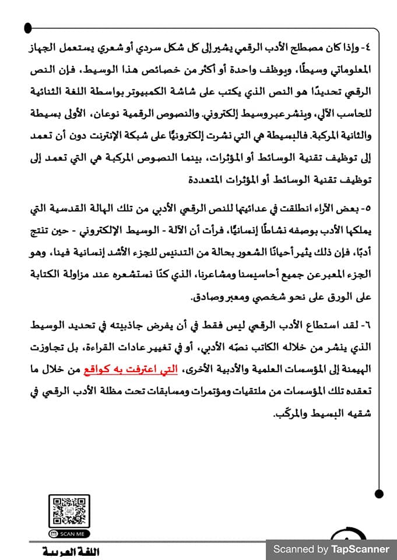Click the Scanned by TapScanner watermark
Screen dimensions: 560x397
[x=331, y=549]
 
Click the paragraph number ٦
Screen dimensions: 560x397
[x=368, y=324]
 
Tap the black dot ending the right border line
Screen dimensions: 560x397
[x=379, y=494]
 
